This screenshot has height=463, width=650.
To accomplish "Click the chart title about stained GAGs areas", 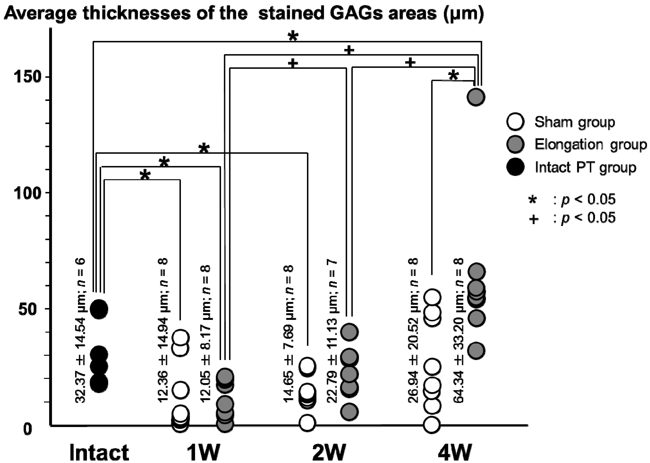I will click(x=244, y=14).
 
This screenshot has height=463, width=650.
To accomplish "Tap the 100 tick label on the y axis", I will click(x=27, y=193).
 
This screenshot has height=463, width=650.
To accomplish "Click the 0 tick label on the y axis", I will click(x=28, y=429).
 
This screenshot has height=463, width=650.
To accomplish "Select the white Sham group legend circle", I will click(x=515, y=122).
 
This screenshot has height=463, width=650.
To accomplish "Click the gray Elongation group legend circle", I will click(x=515, y=144).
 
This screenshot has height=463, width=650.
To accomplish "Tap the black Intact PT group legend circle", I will click(x=515, y=167).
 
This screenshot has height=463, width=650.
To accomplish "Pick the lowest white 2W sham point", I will click(x=307, y=423).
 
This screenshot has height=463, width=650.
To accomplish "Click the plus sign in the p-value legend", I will click(x=533, y=219).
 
